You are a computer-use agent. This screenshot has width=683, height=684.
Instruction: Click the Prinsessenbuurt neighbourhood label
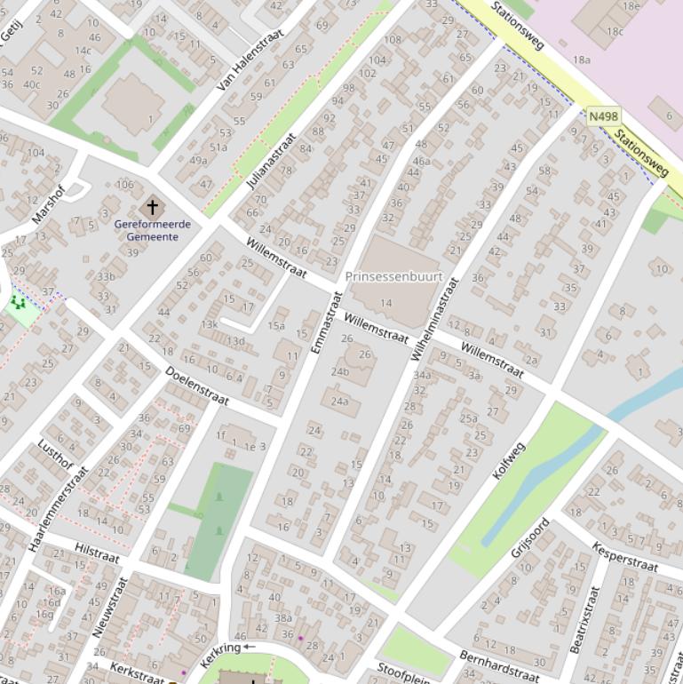click(x=393, y=276)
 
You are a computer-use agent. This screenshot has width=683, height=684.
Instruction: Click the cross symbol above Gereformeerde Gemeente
click(x=153, y=207)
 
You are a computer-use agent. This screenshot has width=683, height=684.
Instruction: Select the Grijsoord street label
click(x=530, y=538)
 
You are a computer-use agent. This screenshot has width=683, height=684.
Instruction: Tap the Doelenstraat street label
click(x=196, y=386)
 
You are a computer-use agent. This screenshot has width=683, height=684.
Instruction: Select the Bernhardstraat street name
click(x=500, y=666)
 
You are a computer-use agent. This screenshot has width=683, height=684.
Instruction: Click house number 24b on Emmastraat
click(x=340, y=371)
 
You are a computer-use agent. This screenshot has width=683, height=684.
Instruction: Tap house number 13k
click(x=210, y=324)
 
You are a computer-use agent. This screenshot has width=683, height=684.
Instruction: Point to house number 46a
click(x=421, y=161)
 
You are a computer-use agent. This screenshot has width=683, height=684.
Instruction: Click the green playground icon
click(x=18, y=304)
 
